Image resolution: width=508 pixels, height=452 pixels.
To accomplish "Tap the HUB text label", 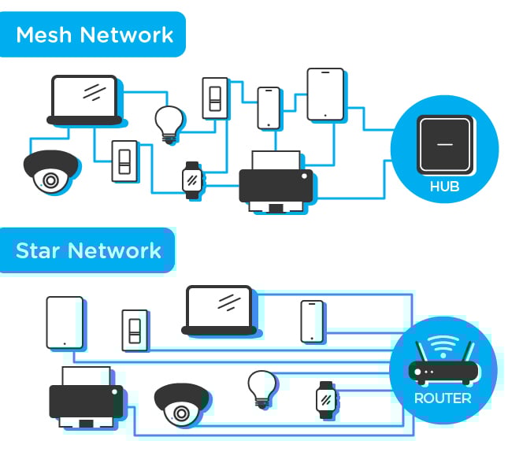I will (x=444, y=187).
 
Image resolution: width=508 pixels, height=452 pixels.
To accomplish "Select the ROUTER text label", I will (x=443, y=398).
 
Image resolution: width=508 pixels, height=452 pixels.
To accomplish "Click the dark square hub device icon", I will (x=445, y=144).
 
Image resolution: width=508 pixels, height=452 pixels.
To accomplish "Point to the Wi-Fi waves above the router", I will (x=443, y=344).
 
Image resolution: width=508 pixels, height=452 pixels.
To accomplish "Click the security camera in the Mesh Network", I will (x=50, y=171).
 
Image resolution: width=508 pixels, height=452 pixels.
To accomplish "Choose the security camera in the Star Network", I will (x=180, y=405).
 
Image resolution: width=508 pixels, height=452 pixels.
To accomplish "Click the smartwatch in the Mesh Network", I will (x=191, y=180).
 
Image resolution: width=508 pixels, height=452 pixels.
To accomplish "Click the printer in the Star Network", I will (x=86, y=398).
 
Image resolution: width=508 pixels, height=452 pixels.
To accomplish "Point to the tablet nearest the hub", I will (x=325, y=94).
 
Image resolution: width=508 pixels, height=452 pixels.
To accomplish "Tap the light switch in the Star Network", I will (x=135, y=330).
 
